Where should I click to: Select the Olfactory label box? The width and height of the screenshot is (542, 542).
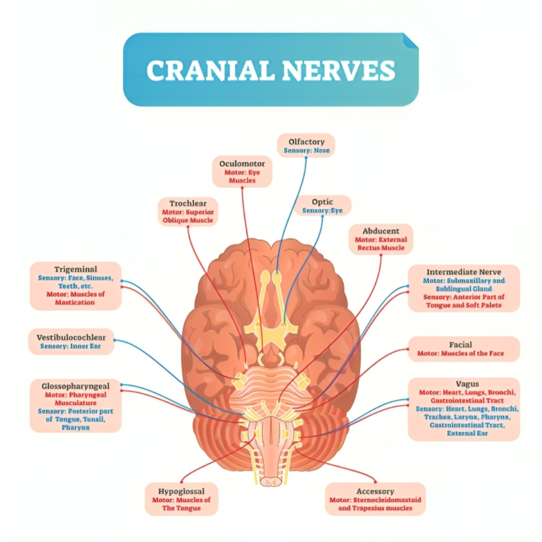point(306,145)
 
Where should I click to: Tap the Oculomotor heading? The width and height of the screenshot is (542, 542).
point(242,163)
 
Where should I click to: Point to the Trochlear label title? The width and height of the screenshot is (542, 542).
point(188,203)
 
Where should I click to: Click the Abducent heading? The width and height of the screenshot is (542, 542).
point(380,230)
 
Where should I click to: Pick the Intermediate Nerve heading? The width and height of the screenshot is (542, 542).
point(463,272)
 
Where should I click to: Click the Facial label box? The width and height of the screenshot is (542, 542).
point(463,349)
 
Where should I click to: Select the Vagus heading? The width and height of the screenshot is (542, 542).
point(463,384)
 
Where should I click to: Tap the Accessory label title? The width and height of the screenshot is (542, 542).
point(375,492)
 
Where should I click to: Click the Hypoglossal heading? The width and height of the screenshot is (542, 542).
point(181,492)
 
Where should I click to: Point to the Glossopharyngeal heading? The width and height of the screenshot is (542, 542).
point(75,386)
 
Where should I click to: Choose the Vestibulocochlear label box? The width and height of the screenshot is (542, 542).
point(72,341)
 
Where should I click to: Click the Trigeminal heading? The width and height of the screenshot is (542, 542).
point(75,269)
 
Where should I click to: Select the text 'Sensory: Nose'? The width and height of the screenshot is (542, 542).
point(306,150)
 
